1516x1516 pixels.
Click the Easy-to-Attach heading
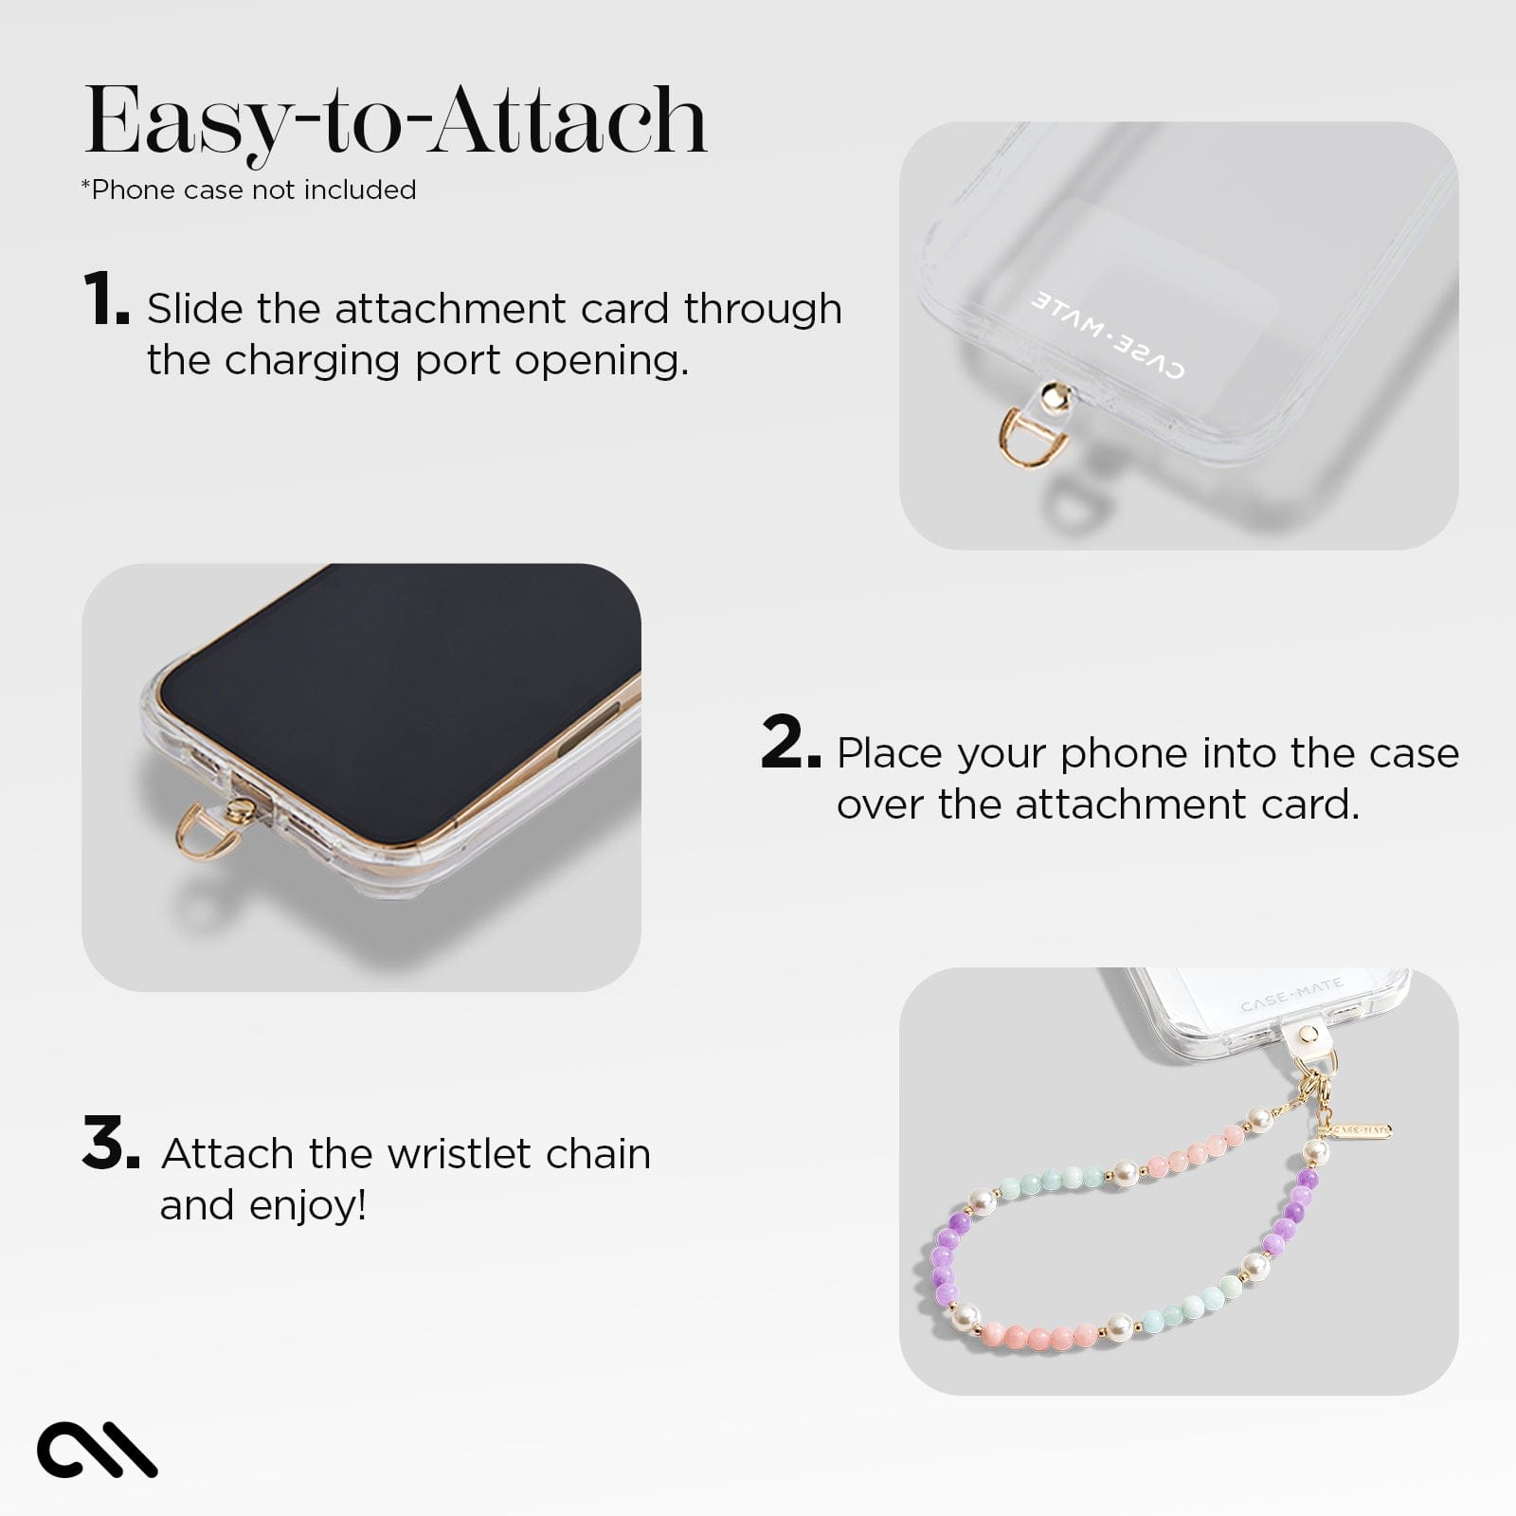pos(396,121)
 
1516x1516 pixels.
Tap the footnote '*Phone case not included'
pos(249,190)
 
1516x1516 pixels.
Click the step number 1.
pos(105,299)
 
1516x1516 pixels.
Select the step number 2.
pos(789,744)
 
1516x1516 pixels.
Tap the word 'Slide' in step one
pos(194,309)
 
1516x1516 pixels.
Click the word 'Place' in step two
pos(892,754)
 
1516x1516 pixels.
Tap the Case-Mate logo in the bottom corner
pos(97,1448)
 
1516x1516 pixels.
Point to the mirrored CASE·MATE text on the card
pos(1107,334)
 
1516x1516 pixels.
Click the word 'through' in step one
pos(763,309)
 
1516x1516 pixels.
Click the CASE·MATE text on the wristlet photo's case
pos(1291,994)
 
